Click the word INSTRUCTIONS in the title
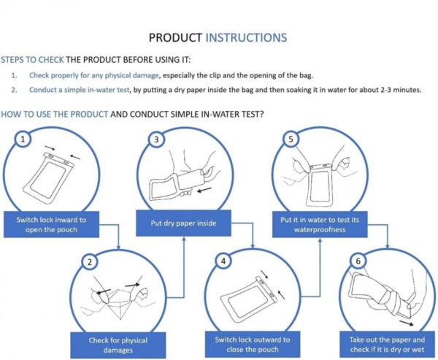point(246,37)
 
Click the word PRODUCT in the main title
point(175,37)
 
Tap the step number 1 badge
point(25,138)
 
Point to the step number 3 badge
point(155,138)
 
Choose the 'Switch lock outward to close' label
point(253,345)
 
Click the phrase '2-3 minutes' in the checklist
point(399,91)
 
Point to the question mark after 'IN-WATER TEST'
point(261,115)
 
